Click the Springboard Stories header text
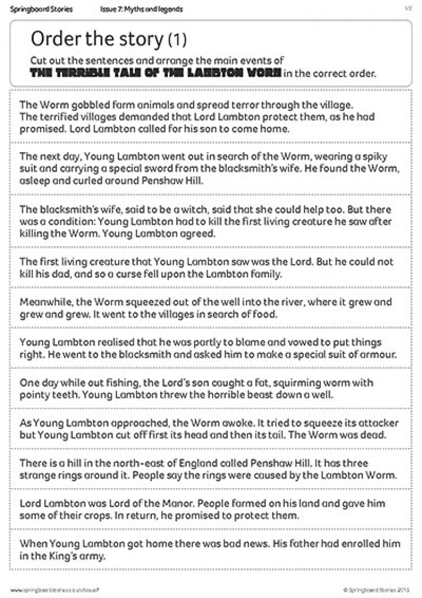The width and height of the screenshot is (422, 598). pyautogui.click(x=41, y=9)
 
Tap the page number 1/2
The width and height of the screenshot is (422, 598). pyautogui.click(x=409, y=9)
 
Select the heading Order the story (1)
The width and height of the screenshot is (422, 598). pyautogui.click(x=108, y=39)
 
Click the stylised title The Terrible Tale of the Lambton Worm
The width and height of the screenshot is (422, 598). pyautogui.click(x=155, y=73)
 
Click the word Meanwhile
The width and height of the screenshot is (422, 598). pyautogui.click(x=44, y=302)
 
